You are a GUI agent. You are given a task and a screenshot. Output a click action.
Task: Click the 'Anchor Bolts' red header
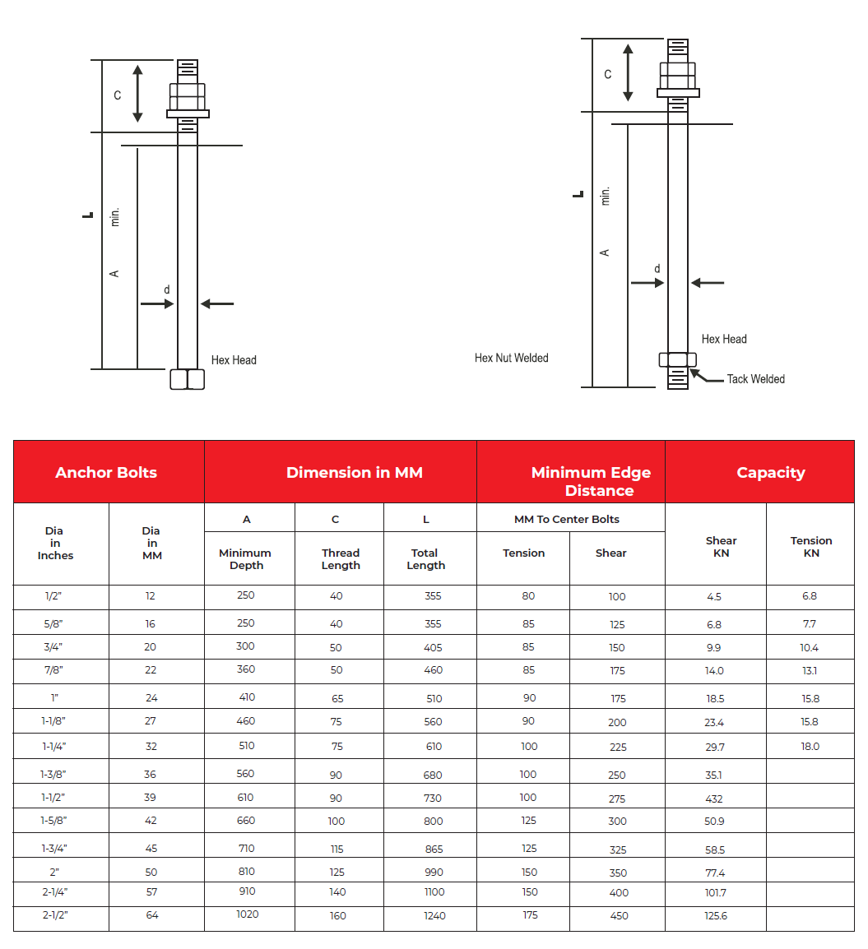(x=106, y=473)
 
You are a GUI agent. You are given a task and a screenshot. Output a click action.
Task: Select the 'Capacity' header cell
(x=770, y=473)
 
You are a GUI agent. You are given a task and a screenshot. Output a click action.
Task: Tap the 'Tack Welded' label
(x=755, y=379)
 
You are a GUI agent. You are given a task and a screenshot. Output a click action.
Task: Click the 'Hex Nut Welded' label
(x=511, y=358)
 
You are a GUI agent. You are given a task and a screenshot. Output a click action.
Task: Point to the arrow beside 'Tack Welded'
(x=706, y=377)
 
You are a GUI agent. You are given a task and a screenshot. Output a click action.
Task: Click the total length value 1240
(x=434, y=915)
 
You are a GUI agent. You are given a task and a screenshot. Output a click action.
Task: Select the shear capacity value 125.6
(x=715, y=916)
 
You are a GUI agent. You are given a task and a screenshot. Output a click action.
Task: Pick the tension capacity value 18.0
(x=810, y=747)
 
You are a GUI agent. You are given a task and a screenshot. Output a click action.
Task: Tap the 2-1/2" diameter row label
(x=55, y=914)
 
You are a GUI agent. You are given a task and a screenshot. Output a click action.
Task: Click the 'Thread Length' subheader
(x=341, y=559)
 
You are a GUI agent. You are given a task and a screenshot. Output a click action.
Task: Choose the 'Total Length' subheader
(x=425, y=559)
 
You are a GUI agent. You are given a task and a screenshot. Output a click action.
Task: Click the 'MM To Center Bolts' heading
(x=567, y=519)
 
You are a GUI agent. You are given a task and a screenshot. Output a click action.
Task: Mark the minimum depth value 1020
(x=247, y=914)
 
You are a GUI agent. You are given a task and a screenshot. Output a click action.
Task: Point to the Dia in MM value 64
(x=151, y=914)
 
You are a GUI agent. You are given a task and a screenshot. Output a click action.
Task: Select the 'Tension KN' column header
(x=811, y=547)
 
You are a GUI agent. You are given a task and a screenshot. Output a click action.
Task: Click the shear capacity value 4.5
(x=714, y=597)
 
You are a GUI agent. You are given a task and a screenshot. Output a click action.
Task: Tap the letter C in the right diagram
(x=608, y=74)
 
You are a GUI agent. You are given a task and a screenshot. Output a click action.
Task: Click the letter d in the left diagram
(x=167, y=289)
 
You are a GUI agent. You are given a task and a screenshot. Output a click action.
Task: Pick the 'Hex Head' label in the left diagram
(x=234, y=360)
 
